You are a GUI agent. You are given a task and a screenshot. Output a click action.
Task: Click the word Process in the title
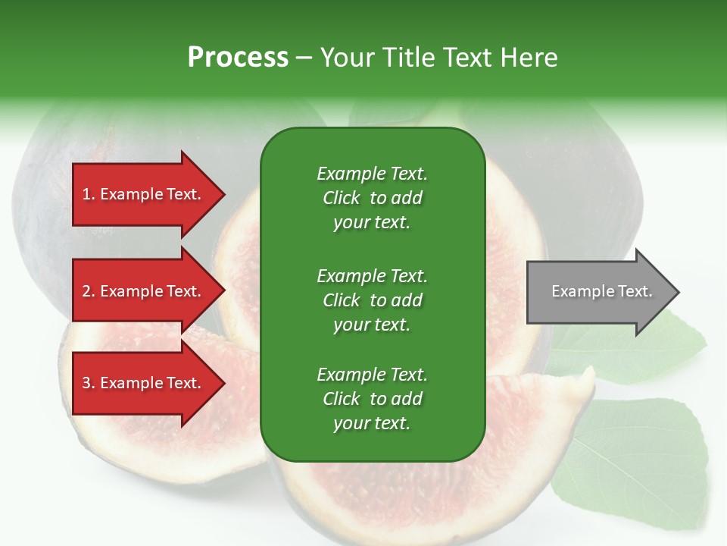(238, 58)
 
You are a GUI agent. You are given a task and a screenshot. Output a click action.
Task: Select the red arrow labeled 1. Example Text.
(144, 195)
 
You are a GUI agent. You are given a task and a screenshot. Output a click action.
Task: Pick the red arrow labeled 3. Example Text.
(144, 384)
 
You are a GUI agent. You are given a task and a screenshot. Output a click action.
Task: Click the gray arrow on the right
(598, 292)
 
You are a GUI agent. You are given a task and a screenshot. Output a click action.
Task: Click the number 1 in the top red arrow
(86, 195)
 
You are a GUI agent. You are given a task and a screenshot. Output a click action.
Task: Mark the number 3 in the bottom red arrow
(86, 384)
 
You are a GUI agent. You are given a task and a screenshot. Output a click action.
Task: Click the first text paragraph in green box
(372, 198)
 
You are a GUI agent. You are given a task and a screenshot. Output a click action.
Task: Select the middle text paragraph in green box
(372, 300)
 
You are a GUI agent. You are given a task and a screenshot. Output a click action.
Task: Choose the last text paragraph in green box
(372, 399)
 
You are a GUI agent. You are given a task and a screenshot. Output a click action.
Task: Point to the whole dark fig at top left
(53, 190)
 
